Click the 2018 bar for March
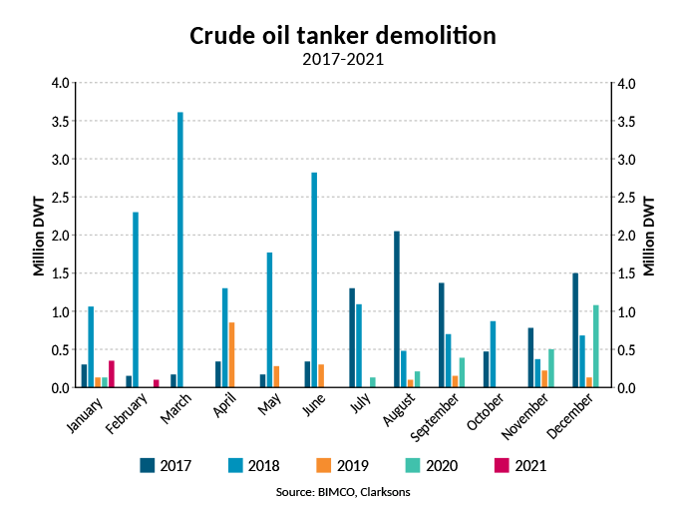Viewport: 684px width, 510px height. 180,250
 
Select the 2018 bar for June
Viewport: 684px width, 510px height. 314,279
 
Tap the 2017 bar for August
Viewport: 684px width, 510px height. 396,309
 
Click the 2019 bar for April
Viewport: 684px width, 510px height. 232,354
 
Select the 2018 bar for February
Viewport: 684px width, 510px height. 136,299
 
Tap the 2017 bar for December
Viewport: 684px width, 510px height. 575,330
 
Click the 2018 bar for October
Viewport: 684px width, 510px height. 493,354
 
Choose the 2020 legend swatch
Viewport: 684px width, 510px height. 413,464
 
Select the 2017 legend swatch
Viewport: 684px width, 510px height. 149,464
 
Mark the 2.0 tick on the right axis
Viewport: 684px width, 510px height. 625,236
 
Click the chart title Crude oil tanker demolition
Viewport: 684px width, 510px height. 342,36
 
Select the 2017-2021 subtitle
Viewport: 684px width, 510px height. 342,59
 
